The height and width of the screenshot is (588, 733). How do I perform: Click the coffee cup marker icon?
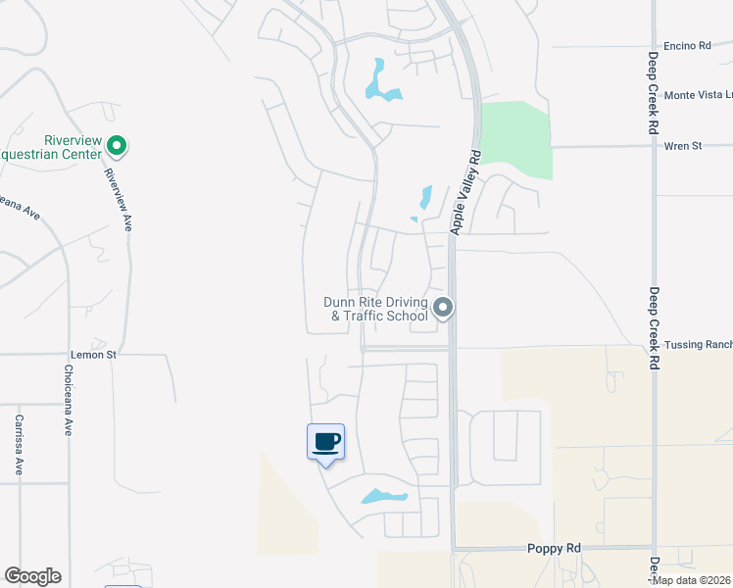click(326, 442)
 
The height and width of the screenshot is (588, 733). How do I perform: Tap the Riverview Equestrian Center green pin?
click(117, 147)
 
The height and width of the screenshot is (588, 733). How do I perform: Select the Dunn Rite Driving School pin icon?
click(443, 309)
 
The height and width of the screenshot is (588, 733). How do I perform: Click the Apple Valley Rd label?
click(465, 191)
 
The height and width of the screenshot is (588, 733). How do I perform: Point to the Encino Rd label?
click(687, 46)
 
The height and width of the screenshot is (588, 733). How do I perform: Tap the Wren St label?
click(683, 146)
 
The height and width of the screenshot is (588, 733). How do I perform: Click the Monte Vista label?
click(698, 95)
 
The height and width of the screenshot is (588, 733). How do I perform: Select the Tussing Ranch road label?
click(698, 345)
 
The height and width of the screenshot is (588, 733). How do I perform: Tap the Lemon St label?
click(93, 354)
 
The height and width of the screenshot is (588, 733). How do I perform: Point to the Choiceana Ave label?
click(68, 400)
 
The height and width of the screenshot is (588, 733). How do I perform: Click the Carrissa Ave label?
click(19, 446)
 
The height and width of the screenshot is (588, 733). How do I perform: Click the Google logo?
click(32, 576)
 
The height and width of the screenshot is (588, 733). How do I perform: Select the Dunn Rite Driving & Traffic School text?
click(376, 309)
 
